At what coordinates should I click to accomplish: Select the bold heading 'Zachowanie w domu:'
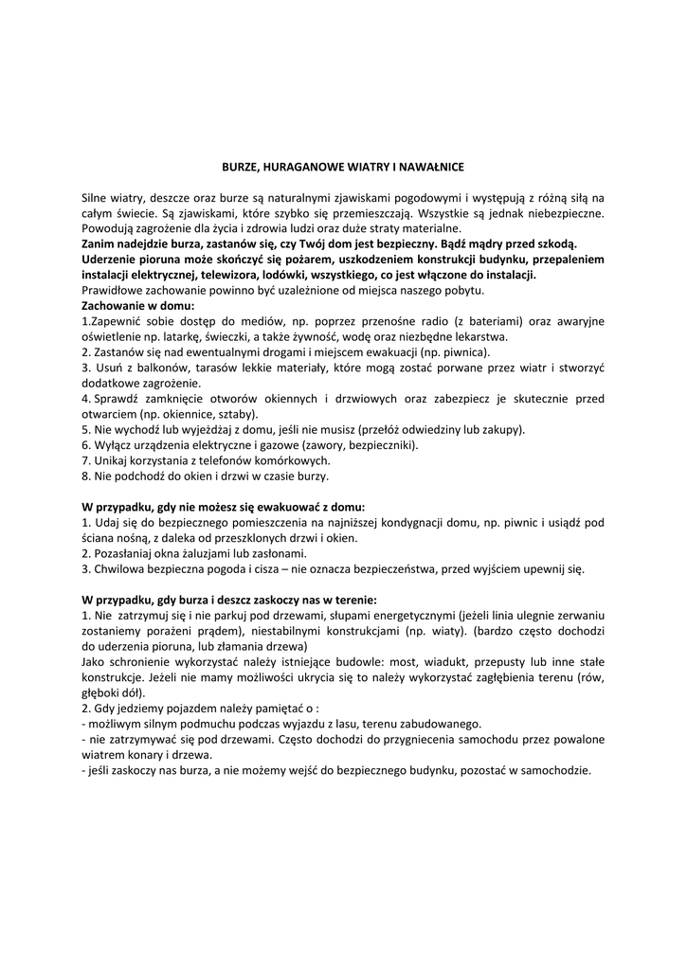point(137,306)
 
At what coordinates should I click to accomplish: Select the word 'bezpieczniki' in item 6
point(384,444)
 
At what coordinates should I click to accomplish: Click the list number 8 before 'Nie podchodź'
point(85,476)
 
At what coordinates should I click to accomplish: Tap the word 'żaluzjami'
point(215,553)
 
